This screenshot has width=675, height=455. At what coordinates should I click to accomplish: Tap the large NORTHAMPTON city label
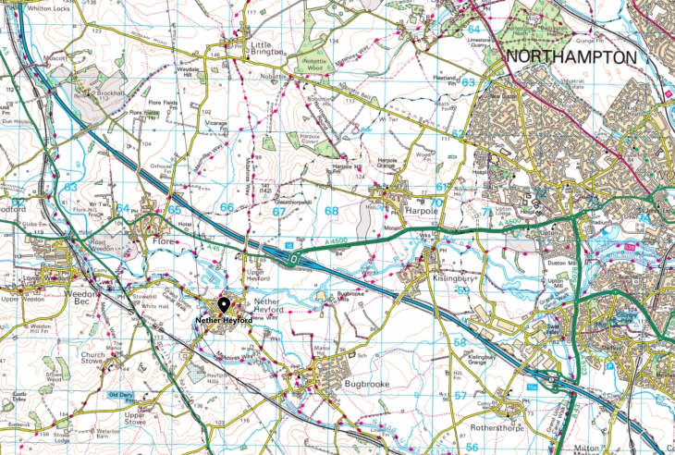[571, 57]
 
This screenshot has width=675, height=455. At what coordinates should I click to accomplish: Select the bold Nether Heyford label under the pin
[223, 320]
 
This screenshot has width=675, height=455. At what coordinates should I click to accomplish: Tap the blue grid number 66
[227, 209]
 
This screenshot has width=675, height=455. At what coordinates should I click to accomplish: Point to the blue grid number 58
[459, 343]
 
